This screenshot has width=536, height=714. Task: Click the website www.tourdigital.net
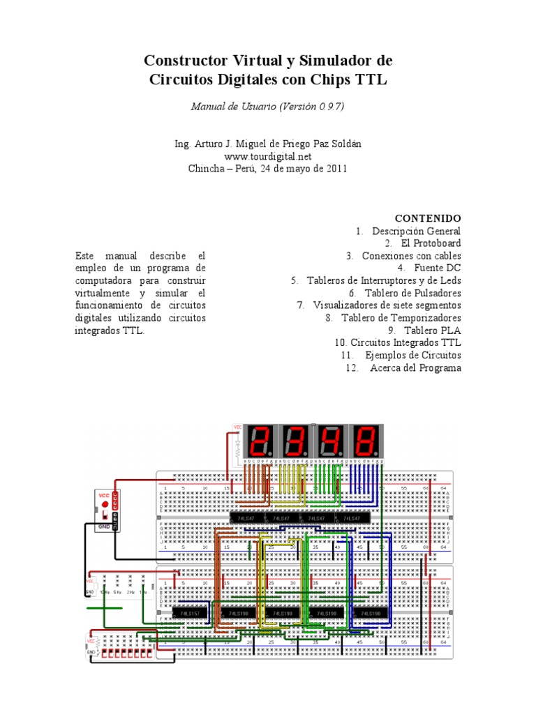click(x=268, y=156)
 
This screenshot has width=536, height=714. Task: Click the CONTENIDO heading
click(x=428, y=218)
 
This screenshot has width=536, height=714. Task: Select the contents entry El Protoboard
click(x=431, y=243)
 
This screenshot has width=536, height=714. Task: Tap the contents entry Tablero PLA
click(x=434, y=331)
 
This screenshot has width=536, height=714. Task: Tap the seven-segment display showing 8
click(x=367, y=440)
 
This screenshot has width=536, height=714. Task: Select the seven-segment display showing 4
click(x=329, y=440)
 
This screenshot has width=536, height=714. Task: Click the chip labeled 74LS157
click(x=186, y=614)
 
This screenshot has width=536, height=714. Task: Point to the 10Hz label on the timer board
click(x=105, y=592)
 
